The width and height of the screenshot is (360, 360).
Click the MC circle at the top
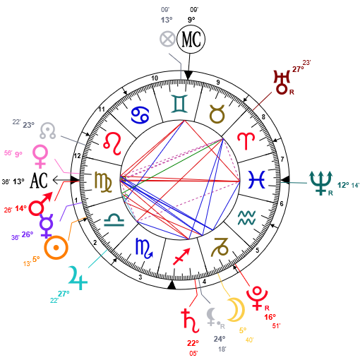click(x=191, y=39)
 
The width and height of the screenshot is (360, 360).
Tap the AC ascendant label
click(x=39, y=181)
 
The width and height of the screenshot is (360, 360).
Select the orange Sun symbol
click(x=56, y=248)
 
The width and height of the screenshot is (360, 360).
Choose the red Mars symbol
click(x=40, y=204)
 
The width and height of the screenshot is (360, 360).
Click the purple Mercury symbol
click(x=47, y=226)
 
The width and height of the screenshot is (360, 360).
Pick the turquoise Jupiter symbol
click(x=78, y=278)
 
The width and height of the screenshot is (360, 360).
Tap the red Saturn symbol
click(x=190, y=320)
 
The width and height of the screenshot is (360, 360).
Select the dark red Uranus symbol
click(x=282, y=82)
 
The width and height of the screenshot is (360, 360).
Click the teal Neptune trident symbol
click(x=320, y=183)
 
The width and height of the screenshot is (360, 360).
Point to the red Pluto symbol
click(x=257, y=298)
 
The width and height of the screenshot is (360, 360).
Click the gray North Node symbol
click(x=47, y=131)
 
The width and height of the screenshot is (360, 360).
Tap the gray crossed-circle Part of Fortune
click(x=167, y=39)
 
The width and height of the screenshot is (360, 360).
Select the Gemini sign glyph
click(x=179, y=104)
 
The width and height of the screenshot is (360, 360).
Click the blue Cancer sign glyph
click(x=140, y=115)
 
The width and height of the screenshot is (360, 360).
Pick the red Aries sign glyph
click(x=246, y=141)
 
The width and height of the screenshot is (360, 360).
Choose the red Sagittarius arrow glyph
click(x=181, y=256)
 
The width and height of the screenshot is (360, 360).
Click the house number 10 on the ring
click(x=155, y=78)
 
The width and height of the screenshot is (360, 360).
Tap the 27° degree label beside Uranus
click(x=298, y=69)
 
